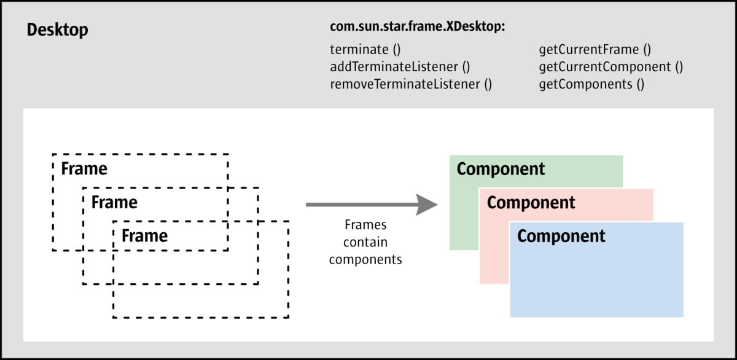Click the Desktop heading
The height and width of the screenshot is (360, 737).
tap(57, 30)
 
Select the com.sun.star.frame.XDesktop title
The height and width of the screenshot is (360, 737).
tap(417, 28)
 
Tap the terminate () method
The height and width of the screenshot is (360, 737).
tap(365, 50)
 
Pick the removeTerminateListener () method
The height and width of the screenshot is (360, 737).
tap(411, 84)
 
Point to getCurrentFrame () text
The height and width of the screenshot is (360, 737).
tap(595, 50)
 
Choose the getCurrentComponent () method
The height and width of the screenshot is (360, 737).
tap(611, 67)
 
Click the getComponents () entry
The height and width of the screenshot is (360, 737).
tap(591, 84)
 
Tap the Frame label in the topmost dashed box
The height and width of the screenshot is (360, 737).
tap(84, 168)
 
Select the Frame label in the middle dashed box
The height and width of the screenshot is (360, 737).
tap(114, 202)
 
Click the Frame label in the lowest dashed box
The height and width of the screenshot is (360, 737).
tap(144, 235)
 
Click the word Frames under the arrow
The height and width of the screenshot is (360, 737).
tap(365, 225)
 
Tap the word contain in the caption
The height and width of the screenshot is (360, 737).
tap(365, 242)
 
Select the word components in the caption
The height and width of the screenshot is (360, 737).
tap(365, 259)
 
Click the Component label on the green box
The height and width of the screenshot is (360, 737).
tap(501, 169)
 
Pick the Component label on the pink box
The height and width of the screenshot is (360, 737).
tap(531, 202)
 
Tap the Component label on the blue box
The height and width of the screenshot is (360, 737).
tap(561, 236)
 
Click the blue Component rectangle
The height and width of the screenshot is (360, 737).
tap(596, 283)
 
